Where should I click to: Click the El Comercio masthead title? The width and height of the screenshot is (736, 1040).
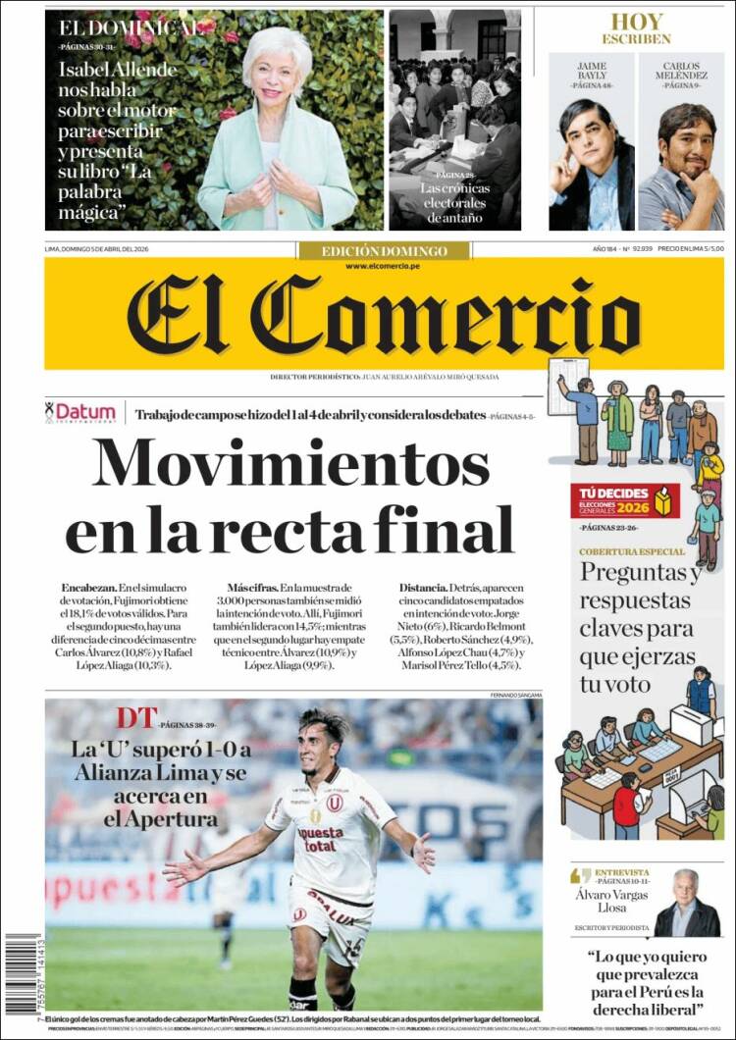(383, 315)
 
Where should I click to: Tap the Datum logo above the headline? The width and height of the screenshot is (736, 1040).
(81, 412)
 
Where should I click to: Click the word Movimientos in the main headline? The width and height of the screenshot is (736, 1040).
(290, 464)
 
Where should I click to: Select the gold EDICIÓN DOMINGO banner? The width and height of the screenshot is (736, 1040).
(384, 251)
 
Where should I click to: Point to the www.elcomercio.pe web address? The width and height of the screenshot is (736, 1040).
(384, 267)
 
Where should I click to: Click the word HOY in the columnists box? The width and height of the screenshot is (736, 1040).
(637, 22)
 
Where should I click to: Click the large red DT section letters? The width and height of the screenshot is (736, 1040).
(135, 718)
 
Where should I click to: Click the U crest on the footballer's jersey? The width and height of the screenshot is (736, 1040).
(335, 802)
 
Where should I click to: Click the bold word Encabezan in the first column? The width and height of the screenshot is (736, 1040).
(88, 587)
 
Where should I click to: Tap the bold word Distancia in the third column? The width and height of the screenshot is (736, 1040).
(423, 587)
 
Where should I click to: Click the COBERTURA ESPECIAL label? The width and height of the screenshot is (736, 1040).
(631, 552)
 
